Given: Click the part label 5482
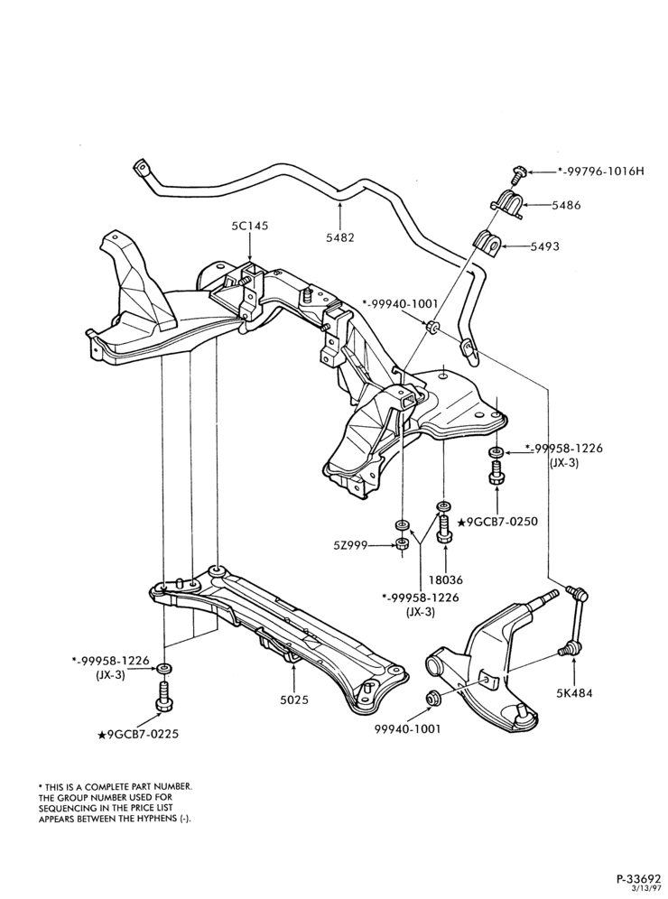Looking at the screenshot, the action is (x=340, y=236).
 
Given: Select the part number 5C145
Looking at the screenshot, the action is (x=251, y=226).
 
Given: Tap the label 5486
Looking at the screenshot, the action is (x=566, y=205).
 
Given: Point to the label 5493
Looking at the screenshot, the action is (x=544, y=246).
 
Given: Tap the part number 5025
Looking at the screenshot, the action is (x=294, y=700).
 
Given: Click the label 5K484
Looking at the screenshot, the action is (x=574, y=692).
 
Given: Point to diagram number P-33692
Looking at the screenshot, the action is (x=639, y=877).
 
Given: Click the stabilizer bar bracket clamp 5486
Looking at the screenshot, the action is (x=507, y=203).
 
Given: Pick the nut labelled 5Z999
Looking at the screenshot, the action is (x=402, y=543).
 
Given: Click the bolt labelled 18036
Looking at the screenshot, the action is (x=444, y=527).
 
